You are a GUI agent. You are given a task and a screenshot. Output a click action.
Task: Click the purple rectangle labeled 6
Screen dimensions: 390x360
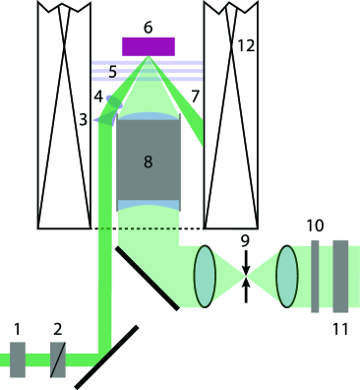149,46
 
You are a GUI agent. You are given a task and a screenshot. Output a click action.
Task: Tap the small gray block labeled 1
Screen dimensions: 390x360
18,359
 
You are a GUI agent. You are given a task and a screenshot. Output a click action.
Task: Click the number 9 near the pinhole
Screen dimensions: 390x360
246,237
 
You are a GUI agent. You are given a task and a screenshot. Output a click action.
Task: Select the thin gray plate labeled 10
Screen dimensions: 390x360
315,276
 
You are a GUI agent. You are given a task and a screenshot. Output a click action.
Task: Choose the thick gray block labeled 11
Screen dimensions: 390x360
341,276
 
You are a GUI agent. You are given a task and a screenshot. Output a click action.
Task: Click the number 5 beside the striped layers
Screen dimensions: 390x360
112,72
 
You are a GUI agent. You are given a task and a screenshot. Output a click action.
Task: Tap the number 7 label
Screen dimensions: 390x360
195,95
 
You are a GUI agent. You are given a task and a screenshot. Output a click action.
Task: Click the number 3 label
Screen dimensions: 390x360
84,118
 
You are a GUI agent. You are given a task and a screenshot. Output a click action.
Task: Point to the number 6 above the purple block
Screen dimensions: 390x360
148,27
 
